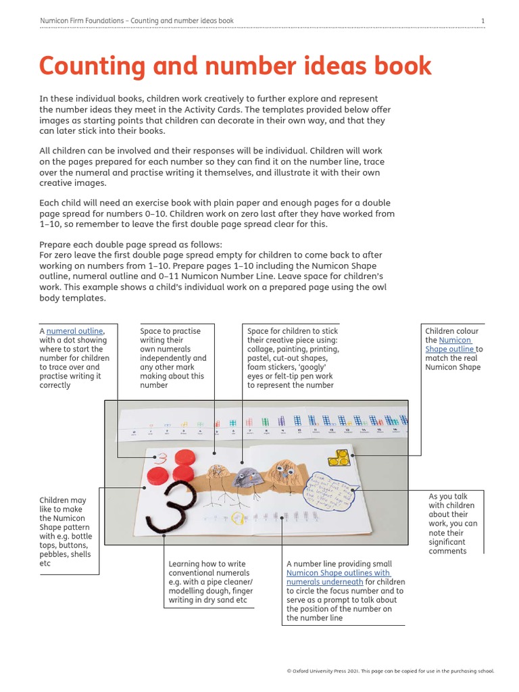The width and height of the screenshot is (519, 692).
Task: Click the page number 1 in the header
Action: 483,21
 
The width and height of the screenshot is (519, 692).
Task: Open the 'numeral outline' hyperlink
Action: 75,331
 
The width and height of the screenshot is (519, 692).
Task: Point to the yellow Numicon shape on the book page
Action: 337,459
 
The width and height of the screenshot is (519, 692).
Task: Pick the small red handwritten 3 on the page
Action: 161,458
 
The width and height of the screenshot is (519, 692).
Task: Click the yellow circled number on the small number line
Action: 237,519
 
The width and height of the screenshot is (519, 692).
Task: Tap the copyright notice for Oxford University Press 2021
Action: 391,671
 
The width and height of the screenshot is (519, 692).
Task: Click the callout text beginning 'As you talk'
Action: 451,496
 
